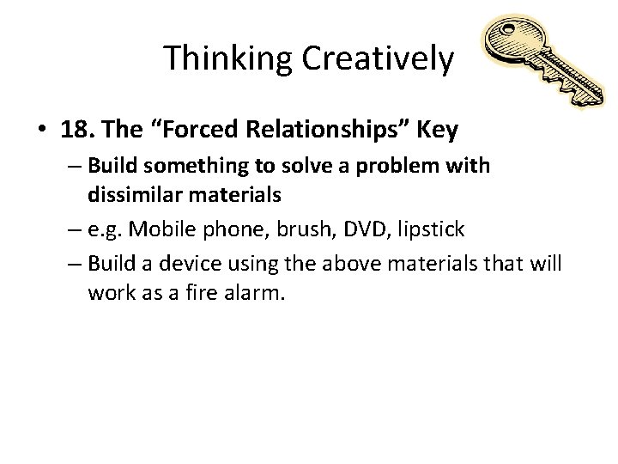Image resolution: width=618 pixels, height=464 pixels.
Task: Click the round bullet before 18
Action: coord(42,131)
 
